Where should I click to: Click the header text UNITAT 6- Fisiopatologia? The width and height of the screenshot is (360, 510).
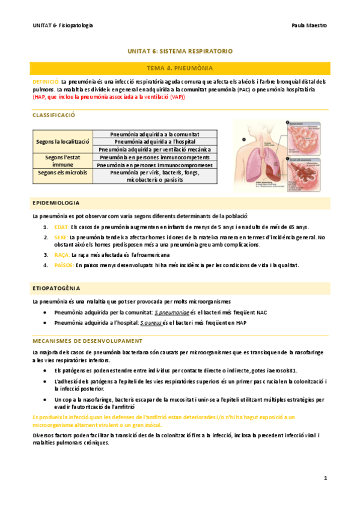[63, 25]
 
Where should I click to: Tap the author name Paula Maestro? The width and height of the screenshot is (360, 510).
[308, 25]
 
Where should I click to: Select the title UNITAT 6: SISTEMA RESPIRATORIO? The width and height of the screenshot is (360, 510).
[180, 52]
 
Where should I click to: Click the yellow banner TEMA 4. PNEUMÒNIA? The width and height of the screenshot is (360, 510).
[180, 69]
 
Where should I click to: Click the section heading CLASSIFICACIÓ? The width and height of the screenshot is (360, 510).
[53, 114]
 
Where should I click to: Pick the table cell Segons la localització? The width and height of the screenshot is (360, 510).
[63, 141]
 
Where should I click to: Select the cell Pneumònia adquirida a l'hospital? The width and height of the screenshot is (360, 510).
[156, 141]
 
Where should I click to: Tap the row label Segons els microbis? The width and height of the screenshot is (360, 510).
[63, 172]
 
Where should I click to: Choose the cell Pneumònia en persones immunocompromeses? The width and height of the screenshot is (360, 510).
[155, 164]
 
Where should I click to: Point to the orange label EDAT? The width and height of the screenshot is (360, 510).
[61, 227]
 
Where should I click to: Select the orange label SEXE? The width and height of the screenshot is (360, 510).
[61, 238]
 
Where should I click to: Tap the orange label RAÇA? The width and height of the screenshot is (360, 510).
[62, 254]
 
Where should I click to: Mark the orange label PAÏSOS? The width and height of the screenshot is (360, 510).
[64, 265]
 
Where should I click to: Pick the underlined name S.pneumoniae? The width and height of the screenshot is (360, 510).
[172, 313]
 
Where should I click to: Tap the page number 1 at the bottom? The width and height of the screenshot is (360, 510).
[325, 478]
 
